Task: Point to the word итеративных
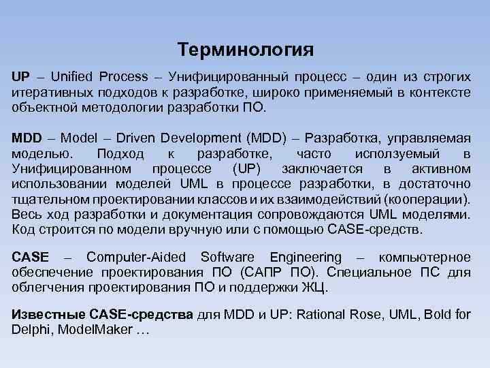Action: (47, 91)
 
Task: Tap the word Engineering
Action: (306, 258)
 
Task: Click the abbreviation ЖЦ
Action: (314, 288)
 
